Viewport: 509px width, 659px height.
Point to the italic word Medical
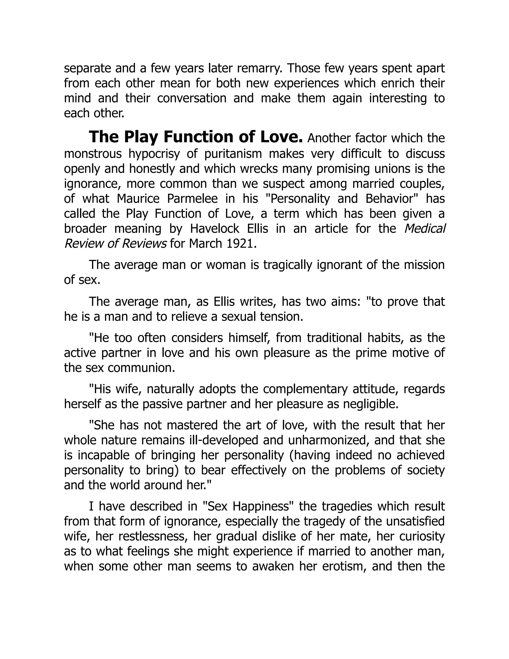pos(424,229)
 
